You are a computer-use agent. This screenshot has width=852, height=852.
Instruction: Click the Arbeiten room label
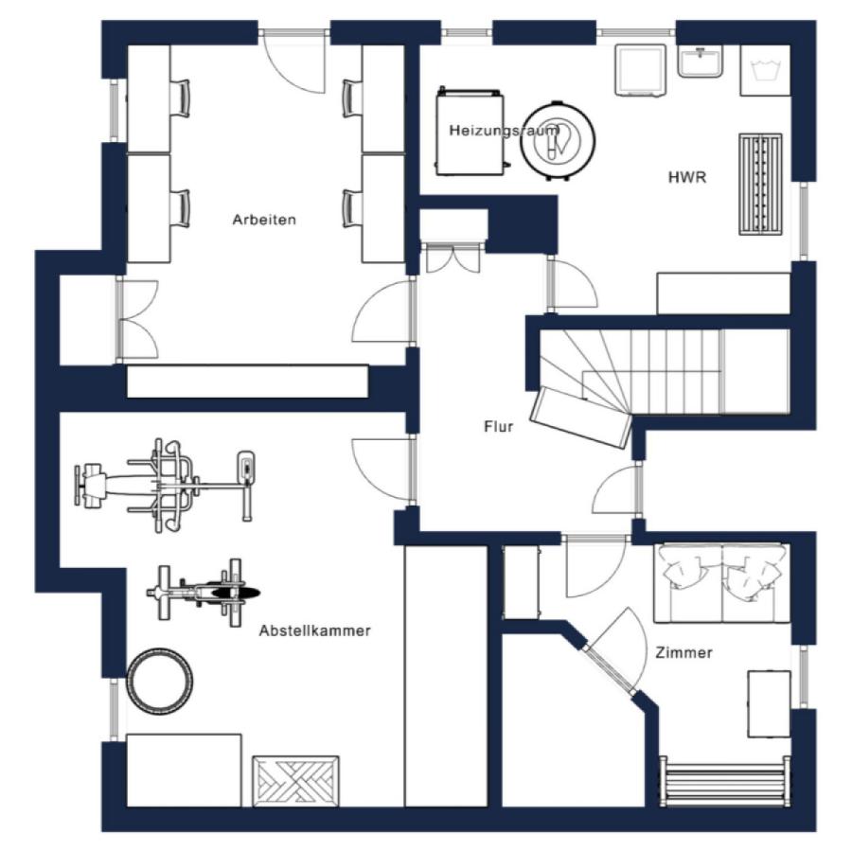(x=264, y=220)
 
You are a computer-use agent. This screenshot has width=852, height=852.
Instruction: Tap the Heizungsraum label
(x=504, y=131)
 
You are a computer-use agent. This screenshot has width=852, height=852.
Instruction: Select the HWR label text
(x=687, y=177)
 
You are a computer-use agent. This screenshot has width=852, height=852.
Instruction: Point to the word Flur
(x=498, y=427)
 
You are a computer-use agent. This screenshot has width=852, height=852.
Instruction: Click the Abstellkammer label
(x=314, y=630)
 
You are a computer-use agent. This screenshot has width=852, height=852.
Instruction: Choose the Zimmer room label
(x=683, y=652)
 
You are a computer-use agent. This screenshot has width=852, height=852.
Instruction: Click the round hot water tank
(x=558, y=140)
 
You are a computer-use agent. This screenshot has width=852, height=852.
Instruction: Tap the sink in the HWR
(x=701, y=61)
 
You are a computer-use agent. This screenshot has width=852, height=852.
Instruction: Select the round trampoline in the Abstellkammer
(x=160, y=681)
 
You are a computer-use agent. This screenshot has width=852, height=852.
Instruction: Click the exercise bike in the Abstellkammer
(x=204, y=593)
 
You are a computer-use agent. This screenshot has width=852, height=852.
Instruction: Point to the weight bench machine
(x=165, y=485)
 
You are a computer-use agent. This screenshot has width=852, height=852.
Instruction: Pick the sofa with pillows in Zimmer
(x=721, y=582)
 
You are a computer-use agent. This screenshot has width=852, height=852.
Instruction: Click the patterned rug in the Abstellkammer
(x=295, y=782)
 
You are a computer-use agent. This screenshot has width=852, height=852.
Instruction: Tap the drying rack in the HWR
(x=760, y=185)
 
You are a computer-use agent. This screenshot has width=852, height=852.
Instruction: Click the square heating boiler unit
(x=470, y=132)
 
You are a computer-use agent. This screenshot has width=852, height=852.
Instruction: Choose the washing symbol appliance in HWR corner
(x=765, y=71)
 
